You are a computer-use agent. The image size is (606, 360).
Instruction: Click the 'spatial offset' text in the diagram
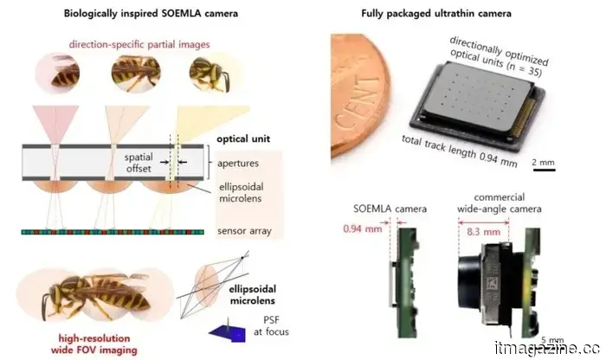[x=141, y=163]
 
